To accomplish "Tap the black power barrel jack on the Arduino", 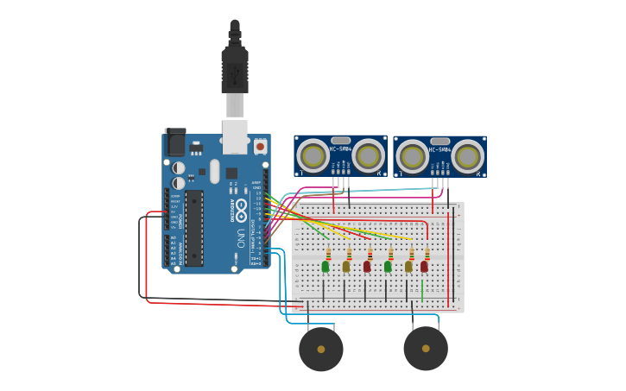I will click(175, 142).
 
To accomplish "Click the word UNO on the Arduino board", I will click(241, 236).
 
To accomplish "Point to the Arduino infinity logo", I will click(242, 208).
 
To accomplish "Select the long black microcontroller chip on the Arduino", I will click(194, 227).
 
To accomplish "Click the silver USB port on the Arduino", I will click(235, 136).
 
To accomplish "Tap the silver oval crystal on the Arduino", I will click(215, 171).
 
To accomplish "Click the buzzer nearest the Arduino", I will click(321, 349).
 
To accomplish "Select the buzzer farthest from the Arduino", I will click(426, 348).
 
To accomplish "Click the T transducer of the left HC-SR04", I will click(312, 156).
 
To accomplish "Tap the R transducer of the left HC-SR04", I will click(369, 156).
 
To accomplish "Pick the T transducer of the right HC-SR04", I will click(412, 156).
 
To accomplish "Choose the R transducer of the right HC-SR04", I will click(468, 156).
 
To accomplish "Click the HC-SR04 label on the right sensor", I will click(439, 149).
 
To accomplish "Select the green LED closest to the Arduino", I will click(326, 266).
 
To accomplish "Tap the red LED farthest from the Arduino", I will click(425, 266).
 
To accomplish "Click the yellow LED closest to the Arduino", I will click(346, 266).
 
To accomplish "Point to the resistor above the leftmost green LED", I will click(328, 254).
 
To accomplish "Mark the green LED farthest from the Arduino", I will click(388, 266).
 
